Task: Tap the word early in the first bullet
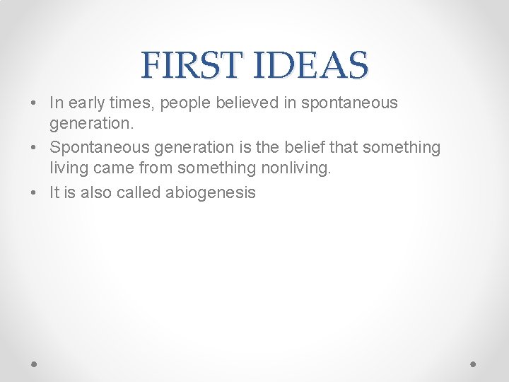point(88,103)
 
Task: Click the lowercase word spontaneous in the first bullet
point(349,103)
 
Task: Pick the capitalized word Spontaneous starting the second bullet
point(96,148)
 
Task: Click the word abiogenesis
point(210,192)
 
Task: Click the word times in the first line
point(134,103)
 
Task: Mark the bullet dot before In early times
point(35,103)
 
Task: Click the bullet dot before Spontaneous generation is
point(35,148)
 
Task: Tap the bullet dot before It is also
point(35,192)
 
